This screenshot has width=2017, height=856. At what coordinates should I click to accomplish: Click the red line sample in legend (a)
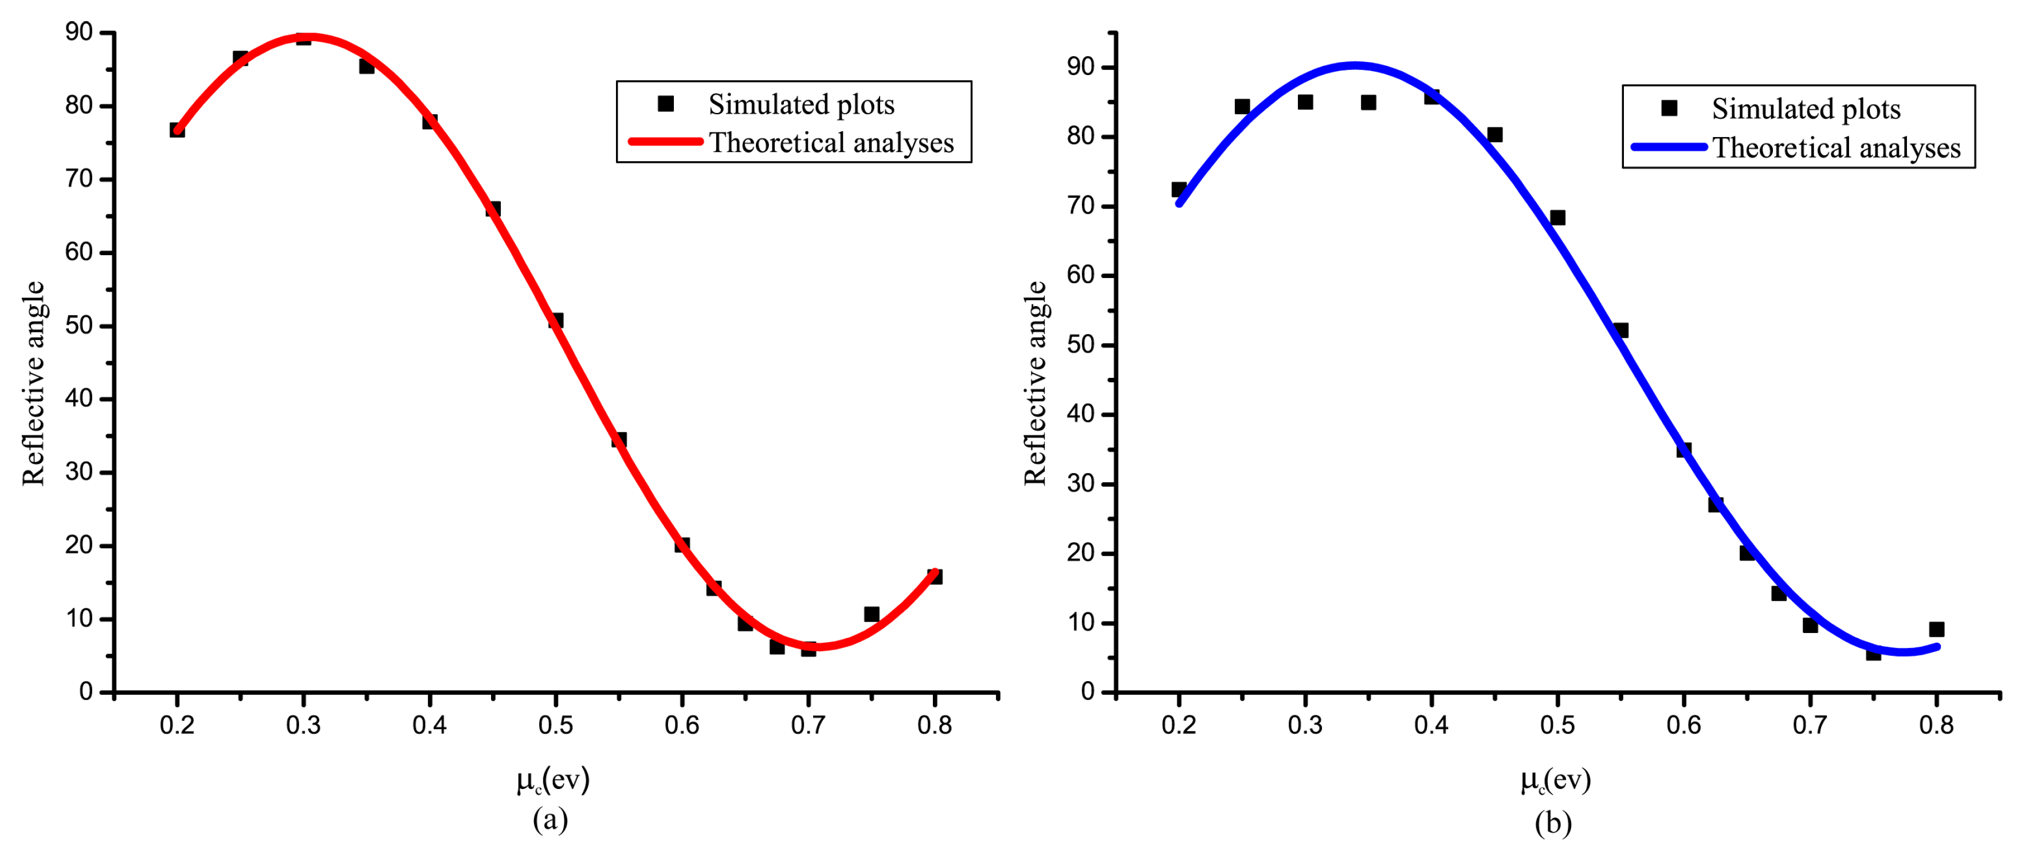click(665, 142)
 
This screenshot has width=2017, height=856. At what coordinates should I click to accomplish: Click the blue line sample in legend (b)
click(1669, 146)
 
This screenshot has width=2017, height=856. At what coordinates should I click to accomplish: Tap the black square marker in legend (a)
click(665, 103)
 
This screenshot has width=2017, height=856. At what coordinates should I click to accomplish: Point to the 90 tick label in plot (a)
click(79, 32)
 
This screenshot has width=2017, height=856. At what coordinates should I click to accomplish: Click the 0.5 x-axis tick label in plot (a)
click(555, 725)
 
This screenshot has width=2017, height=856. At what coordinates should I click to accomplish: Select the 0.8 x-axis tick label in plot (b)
click(1936, 725)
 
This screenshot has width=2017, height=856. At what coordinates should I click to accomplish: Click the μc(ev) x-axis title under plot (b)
click(1555, 780)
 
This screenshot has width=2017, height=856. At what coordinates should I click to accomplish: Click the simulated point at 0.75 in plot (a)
click(872, 614)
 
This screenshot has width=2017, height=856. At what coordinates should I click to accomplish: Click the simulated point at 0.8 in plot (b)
click(1936, 629)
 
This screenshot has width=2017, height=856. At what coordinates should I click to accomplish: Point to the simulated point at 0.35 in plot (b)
click(1368, 103)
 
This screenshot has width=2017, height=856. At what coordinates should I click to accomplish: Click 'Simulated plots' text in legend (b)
click(1806, 109)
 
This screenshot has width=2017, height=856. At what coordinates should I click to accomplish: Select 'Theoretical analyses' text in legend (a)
click(831, 143)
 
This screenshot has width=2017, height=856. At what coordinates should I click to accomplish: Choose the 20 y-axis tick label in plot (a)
click(79, 545)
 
